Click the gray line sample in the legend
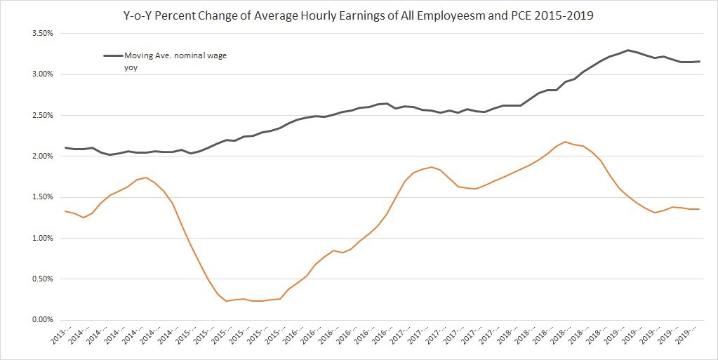pos(112,55)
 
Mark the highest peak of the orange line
pos(566,142)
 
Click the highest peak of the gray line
pos(627,50)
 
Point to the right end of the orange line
pos(699,209)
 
